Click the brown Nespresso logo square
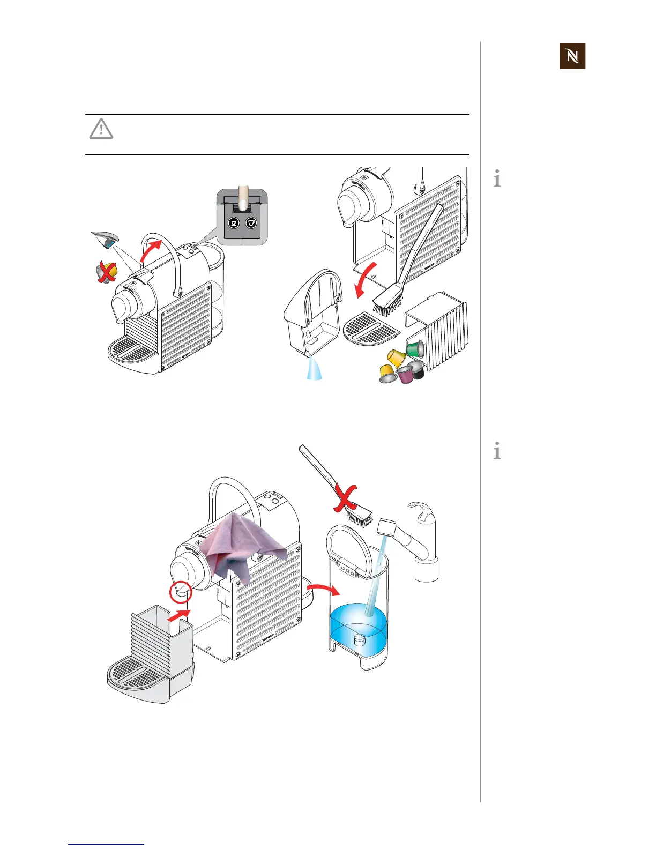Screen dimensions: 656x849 pyautogui.click(x=572, y=56)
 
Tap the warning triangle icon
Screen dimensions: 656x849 pyautogui.click(x=101, y=129)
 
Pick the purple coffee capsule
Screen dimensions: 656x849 pyautogui.click(x=405, y=375)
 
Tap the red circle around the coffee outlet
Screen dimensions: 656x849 pyautogui.click(x=180, y=591)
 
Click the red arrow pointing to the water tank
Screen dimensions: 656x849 pyautogui.click(x=324, y=590)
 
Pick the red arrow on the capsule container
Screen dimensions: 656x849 pyautogui.click(x=179, y=615)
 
